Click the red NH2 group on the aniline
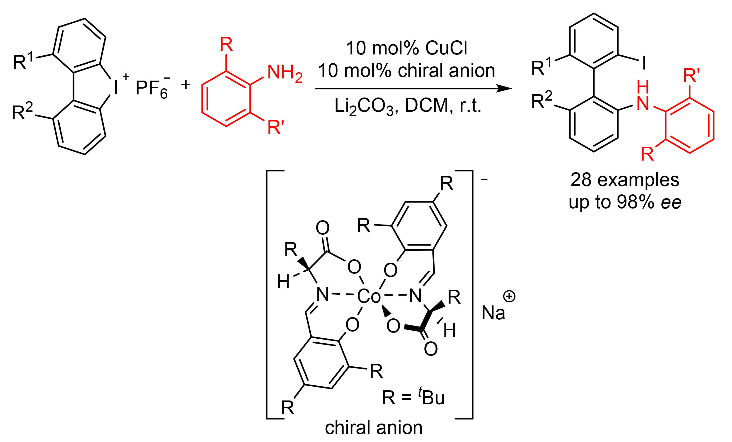tap(284, 73)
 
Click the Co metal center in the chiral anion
tap(369, 296)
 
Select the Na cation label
tap(493, 313)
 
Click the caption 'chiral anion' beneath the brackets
tap(373, 428)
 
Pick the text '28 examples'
tap(625, 180)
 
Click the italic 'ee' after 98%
tap(671, 203)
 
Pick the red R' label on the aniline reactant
tap(276, 127)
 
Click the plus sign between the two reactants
tap(186, 84)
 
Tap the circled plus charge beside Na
tap(509, 296)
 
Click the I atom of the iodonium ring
tap(116, 87)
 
